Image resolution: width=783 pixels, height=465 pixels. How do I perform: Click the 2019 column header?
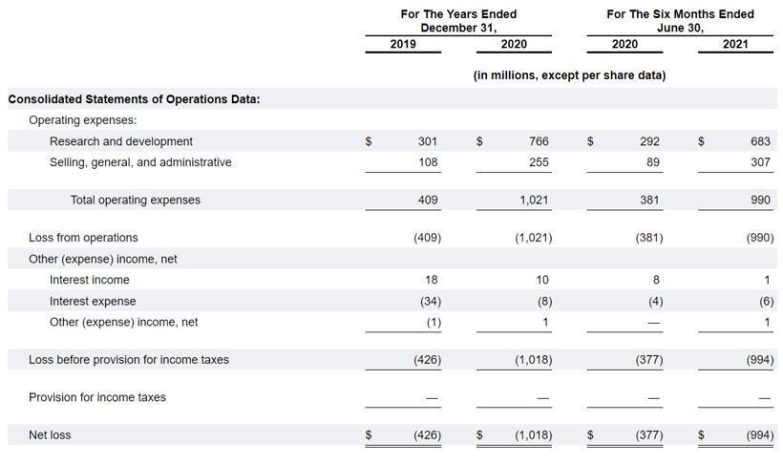tap(403, 44)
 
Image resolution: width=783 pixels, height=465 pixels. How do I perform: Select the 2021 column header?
tap(735, 44)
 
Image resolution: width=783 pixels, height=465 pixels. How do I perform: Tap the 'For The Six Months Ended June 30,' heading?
tap(680, 21)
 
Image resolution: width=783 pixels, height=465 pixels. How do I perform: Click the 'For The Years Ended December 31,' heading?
tap(458, 21)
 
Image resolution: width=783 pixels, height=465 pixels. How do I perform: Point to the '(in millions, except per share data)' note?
tap(569, 75)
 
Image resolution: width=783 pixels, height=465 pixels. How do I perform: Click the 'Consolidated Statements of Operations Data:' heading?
tap(134, 99)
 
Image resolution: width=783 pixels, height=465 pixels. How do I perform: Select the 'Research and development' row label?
tap(121, 141)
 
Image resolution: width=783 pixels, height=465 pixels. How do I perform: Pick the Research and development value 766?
tap(539, 141)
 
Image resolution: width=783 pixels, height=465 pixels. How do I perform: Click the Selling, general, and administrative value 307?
tap(760, 162)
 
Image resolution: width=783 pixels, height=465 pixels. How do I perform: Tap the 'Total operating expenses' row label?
tap(136, 201)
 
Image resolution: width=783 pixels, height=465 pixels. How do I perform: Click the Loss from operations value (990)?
tap(759, 238)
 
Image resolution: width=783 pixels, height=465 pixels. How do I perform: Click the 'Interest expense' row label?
tap(94, 301)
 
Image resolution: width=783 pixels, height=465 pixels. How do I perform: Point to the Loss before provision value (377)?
tap(649, 360)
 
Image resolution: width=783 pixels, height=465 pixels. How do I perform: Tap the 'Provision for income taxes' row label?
tap(97, 397)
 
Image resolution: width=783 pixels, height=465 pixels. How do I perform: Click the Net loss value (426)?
tap(427, 435)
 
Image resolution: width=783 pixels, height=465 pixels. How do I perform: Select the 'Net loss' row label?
tap(50, 435)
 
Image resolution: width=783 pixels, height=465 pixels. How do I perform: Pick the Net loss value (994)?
tap(759, 435)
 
